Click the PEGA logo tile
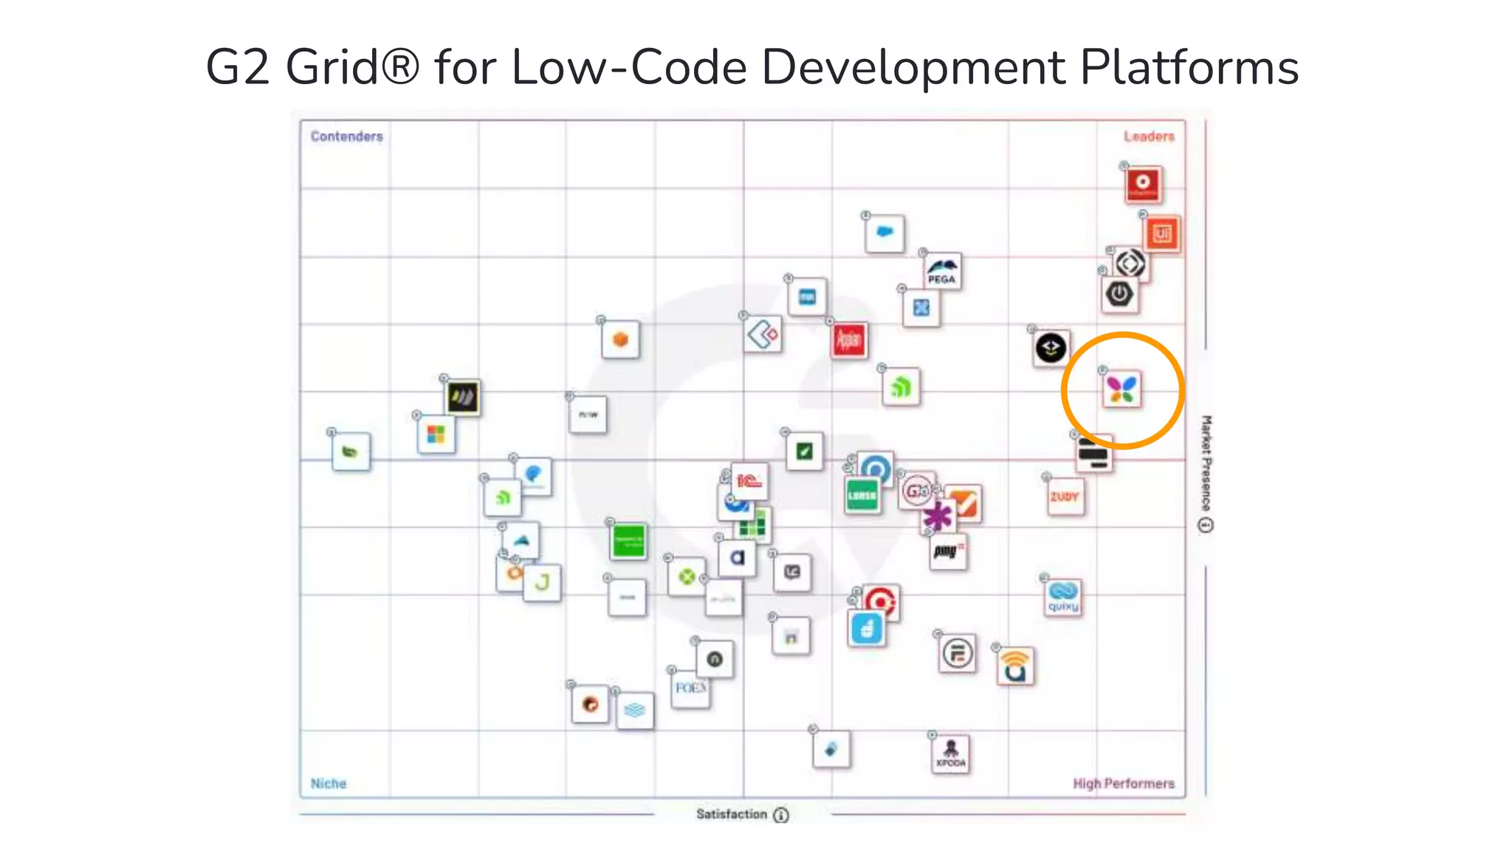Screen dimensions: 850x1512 (x=942, y=271)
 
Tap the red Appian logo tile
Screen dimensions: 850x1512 (x=849, y=340)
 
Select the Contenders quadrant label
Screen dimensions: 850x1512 (x=346, y=137)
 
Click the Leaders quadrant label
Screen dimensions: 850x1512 (x=1149, y=137)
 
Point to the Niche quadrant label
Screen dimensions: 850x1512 (x=329, y=784)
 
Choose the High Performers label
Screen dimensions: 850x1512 (x=1123, y=784)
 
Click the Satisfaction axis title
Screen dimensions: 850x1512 (x=732, y=814)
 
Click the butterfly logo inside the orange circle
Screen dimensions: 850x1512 (x=1121, y=390)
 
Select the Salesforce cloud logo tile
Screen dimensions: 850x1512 (x=884, y=233)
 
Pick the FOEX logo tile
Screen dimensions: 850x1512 (x=690, y=688)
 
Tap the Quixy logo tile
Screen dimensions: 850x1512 (x=1063, y=597)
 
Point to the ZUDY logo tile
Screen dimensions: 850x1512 (x=1065, y=497)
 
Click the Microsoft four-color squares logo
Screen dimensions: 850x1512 (x=436, y=434)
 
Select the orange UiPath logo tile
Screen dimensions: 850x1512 (x=1162, y=234)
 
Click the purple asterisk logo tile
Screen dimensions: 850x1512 (x=938, y=516)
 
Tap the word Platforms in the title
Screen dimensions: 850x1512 (x=1189, y=68)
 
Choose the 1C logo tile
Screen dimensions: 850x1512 (x=749, y=482)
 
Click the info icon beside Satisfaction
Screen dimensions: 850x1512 (x=781, y=815)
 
